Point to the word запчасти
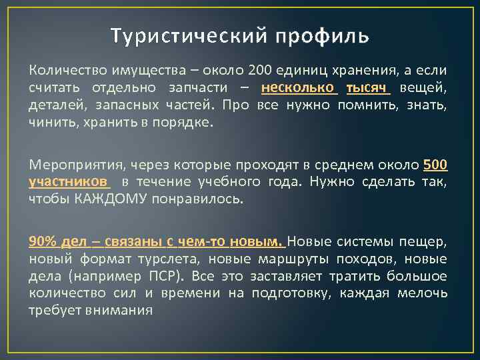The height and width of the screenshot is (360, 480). tap(208, 87)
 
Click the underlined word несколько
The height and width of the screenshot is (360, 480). tap(299, 87)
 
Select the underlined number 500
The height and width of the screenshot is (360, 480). tap(435, 164)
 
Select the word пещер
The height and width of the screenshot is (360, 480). tap(429, 241)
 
